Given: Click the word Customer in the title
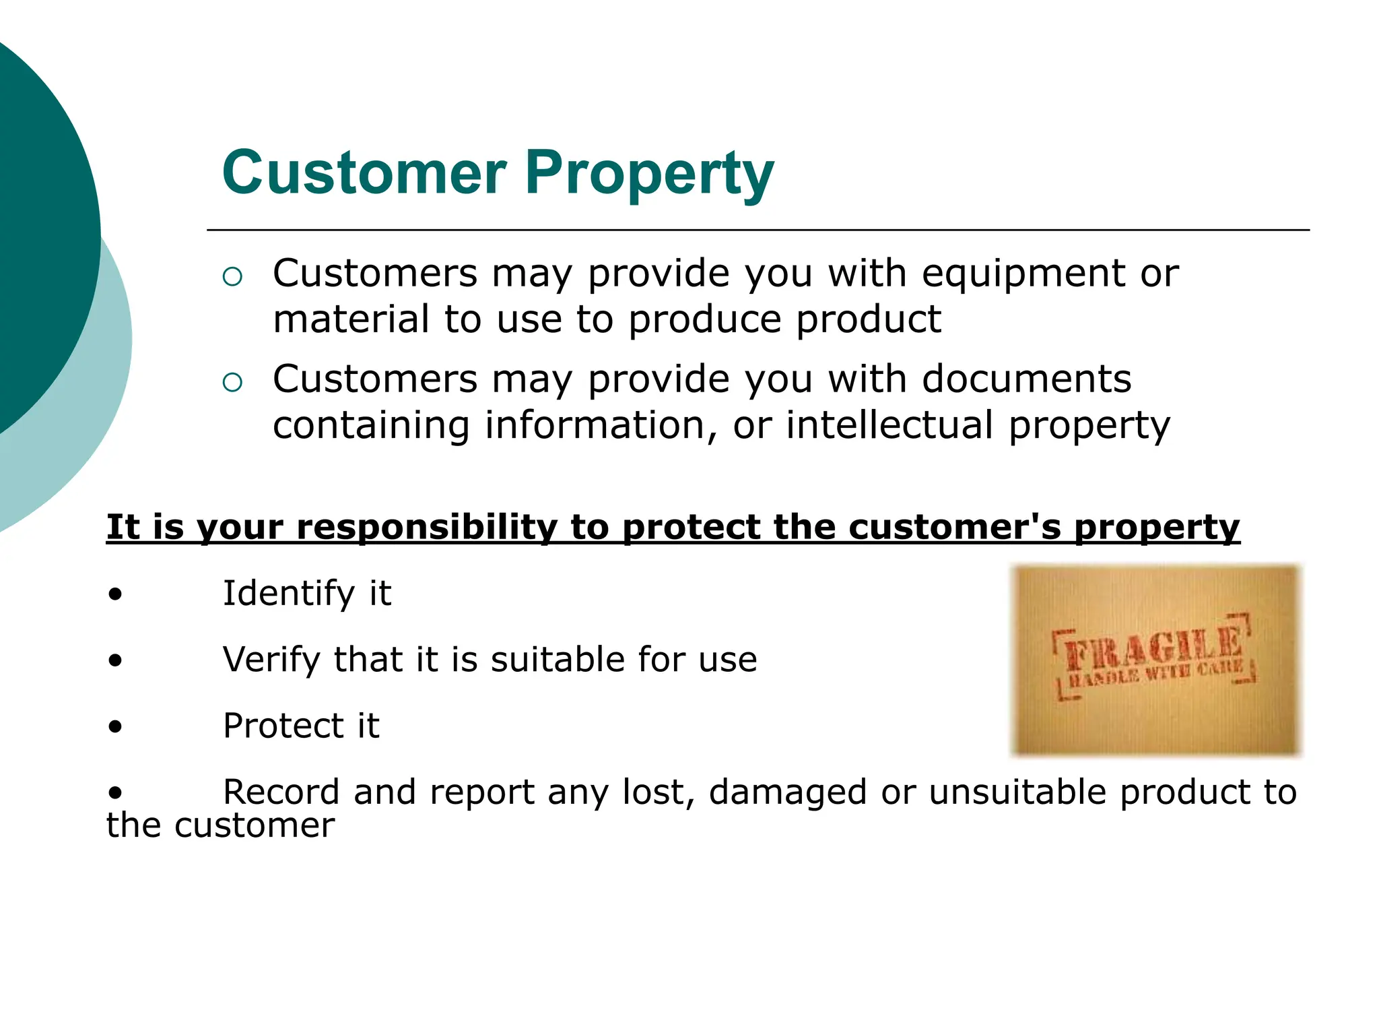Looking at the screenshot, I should pos(364,172).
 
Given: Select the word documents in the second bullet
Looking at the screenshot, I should pos(1027,379).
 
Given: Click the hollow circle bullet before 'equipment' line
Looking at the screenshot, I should pos(232,277).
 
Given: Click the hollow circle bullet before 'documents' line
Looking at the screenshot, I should pos(232,383).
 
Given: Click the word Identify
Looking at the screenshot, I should pos(289,594).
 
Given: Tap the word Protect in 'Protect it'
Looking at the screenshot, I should pos(282,726).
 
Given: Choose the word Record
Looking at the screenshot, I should pos(281,792).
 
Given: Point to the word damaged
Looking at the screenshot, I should pos(787,793).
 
